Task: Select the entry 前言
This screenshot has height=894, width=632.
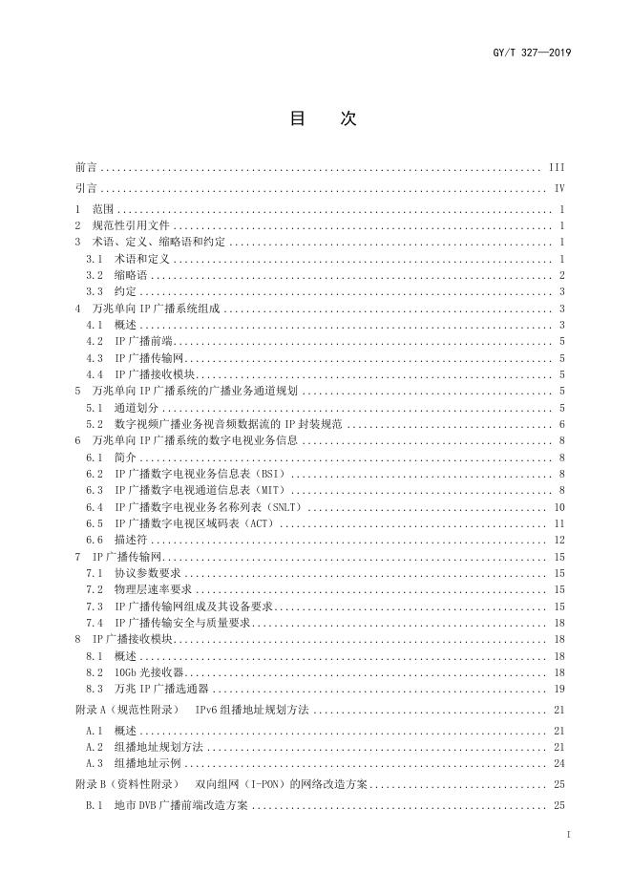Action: tap(86, 166)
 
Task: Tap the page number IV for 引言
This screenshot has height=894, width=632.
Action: tap(559, 188)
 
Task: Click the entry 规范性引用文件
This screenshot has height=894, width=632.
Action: tap(130, 225)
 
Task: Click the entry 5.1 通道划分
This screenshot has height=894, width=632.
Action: tap(118, 408)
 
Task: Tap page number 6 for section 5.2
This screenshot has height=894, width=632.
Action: tap(562, 424)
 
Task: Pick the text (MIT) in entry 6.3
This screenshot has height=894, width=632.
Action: tap(264, 490)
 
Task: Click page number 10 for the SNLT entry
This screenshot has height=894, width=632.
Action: tap(559, 507)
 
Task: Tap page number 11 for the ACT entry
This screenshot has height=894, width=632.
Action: tap(559, 523)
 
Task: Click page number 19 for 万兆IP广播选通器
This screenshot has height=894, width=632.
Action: tap(559, 689)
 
